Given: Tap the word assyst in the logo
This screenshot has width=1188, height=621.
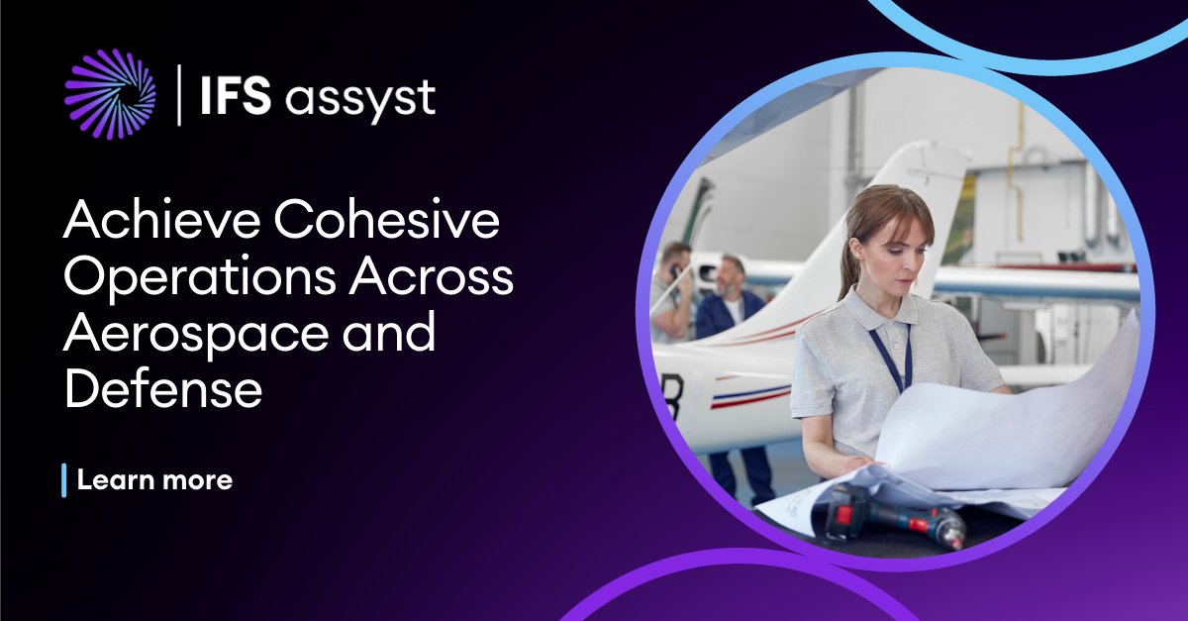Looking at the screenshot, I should [360, 99].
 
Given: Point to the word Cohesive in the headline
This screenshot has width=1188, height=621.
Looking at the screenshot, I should [387, 224].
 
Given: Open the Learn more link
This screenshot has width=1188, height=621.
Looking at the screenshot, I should [154, 480].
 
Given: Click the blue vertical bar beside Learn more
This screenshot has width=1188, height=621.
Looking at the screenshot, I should [64, 480].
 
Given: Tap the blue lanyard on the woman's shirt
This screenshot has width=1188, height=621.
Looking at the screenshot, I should [890, 357].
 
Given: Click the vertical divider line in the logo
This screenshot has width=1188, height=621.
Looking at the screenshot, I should [179, 95].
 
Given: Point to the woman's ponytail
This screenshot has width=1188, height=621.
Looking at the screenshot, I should [848, 267].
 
